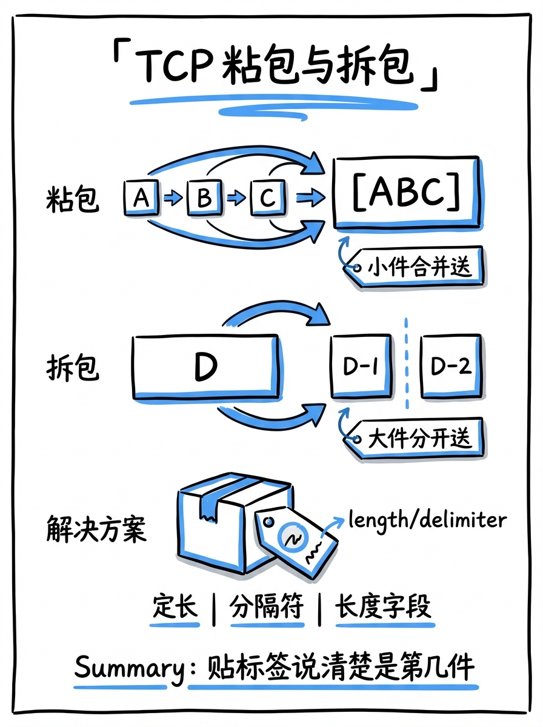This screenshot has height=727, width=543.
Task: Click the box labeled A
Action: pos(141,197)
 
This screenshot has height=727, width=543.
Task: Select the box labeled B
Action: pos(204,198)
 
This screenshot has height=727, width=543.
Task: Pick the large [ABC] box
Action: pos(407,192)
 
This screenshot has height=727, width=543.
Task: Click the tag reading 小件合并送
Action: pos(418,266)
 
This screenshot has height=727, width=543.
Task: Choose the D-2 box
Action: pos(450,366)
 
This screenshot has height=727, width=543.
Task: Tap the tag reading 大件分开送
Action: pos(418,437)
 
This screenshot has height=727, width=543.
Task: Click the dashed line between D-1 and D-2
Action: pos(406,363)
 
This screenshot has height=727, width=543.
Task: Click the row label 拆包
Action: pos(72,367)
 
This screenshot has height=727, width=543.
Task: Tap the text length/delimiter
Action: pos(427,520)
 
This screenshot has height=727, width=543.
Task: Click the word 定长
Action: pos(175,606)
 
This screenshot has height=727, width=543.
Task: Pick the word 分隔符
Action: pos(267,606)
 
